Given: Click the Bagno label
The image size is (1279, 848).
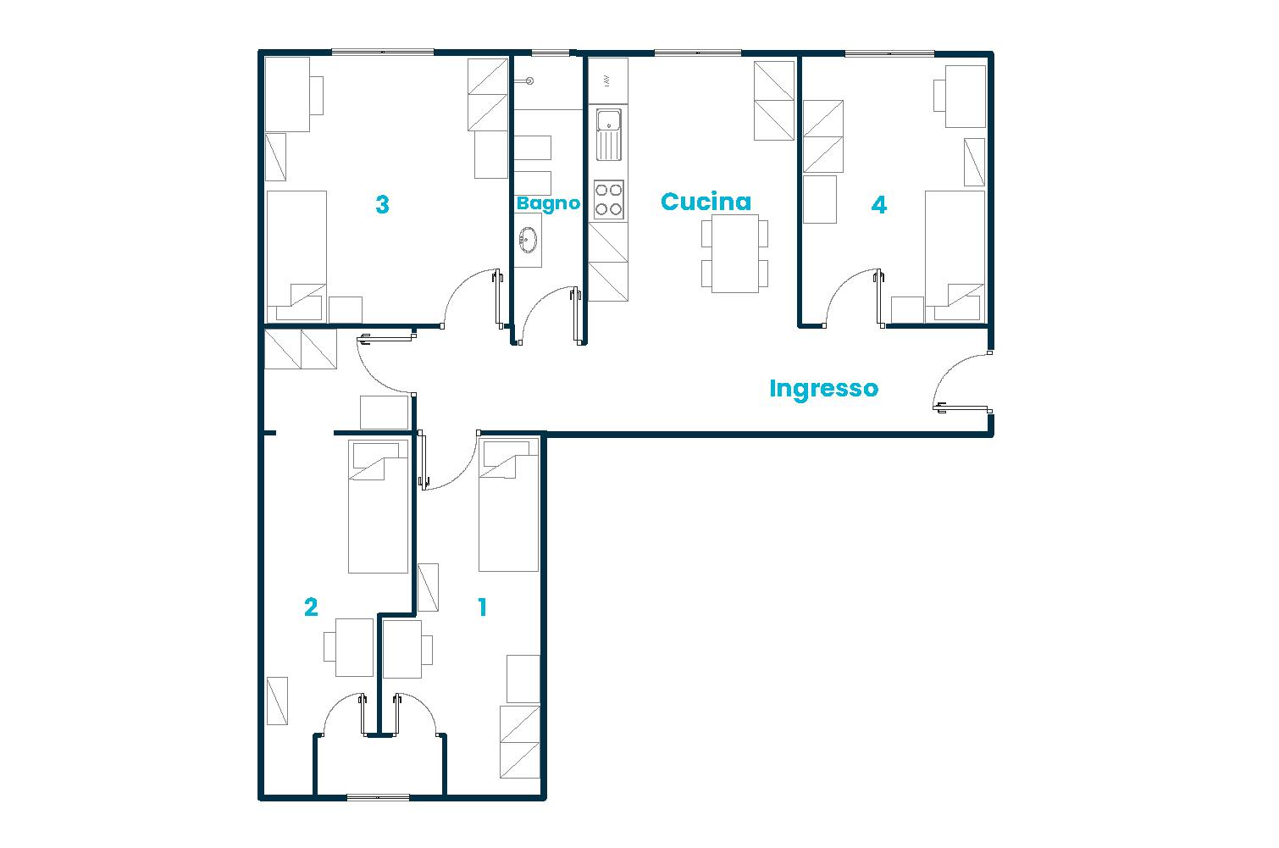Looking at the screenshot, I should pyautogui.click(x=548, y=203).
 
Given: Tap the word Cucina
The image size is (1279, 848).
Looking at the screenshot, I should pyautogui.click(x=706, y=202).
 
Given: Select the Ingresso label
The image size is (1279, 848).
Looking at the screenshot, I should pyautogui.click(x=823, y=389).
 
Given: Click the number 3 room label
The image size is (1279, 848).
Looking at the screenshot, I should pyautogui.click(x=382, y=205).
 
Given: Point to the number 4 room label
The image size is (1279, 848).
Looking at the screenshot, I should pyautogui.click(x=879, y=205).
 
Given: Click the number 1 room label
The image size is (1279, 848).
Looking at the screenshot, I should pyautogui.click(x=482, y=607).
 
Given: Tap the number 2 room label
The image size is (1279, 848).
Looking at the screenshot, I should pyautogui.click(x=311, y=607).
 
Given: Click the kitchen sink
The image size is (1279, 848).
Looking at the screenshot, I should pyautogui.click(x=608, y=134).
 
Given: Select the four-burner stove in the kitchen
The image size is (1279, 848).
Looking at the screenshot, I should pyautogui.click(x=608, y=200).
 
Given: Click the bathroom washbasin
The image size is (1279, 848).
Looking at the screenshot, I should pyautogui.click(x=528, y=240).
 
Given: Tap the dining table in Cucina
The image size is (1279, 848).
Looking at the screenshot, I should pyautogui.click(x=734, y=253).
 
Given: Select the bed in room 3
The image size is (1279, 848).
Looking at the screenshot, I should pyautogui.click(x=296, y=254).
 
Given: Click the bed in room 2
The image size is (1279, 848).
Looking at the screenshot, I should pyautogui.click(x=379, y=506).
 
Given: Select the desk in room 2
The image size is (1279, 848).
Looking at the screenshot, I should pyautogui.click(x=354, y=647).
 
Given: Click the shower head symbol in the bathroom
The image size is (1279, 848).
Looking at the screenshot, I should pyautogui.click(x=529, y=82).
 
